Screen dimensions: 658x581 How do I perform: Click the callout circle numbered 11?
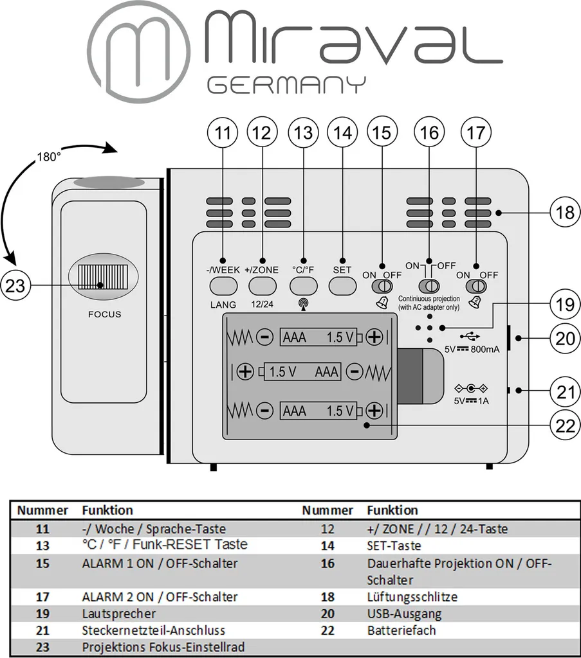tap(223, 133)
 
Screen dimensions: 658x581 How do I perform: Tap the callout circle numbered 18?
tap(565, 211)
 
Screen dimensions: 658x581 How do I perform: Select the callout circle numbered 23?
tap(15, 285)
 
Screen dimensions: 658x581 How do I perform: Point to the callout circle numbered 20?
tap(565, 338)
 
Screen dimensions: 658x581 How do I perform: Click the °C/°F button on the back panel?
tap(303, 285)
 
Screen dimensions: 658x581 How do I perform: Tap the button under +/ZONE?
tap(262, 285)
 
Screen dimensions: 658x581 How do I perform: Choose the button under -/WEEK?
tap(223, 285)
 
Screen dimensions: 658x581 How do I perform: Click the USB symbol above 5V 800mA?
tap(471, 335)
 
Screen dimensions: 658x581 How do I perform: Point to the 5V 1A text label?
tap(472, 402)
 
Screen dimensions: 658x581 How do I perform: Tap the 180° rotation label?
tap(49, 157)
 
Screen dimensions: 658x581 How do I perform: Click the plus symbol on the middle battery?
tap(245, 371)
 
